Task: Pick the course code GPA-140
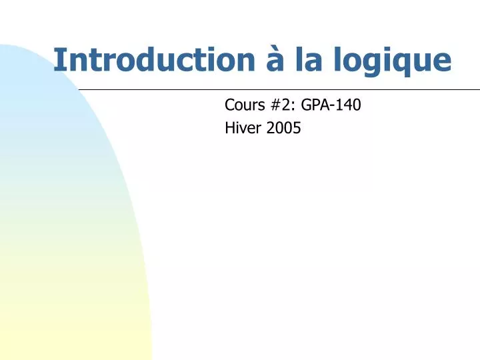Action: point(331,105)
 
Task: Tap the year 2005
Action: point(284,129)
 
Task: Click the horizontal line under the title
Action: point(280,89)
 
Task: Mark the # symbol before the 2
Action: point(271,105)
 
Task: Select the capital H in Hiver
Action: point(230,129)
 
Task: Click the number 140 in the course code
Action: point(350,105)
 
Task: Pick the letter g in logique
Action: point(369,63)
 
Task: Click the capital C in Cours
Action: point(229,105)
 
